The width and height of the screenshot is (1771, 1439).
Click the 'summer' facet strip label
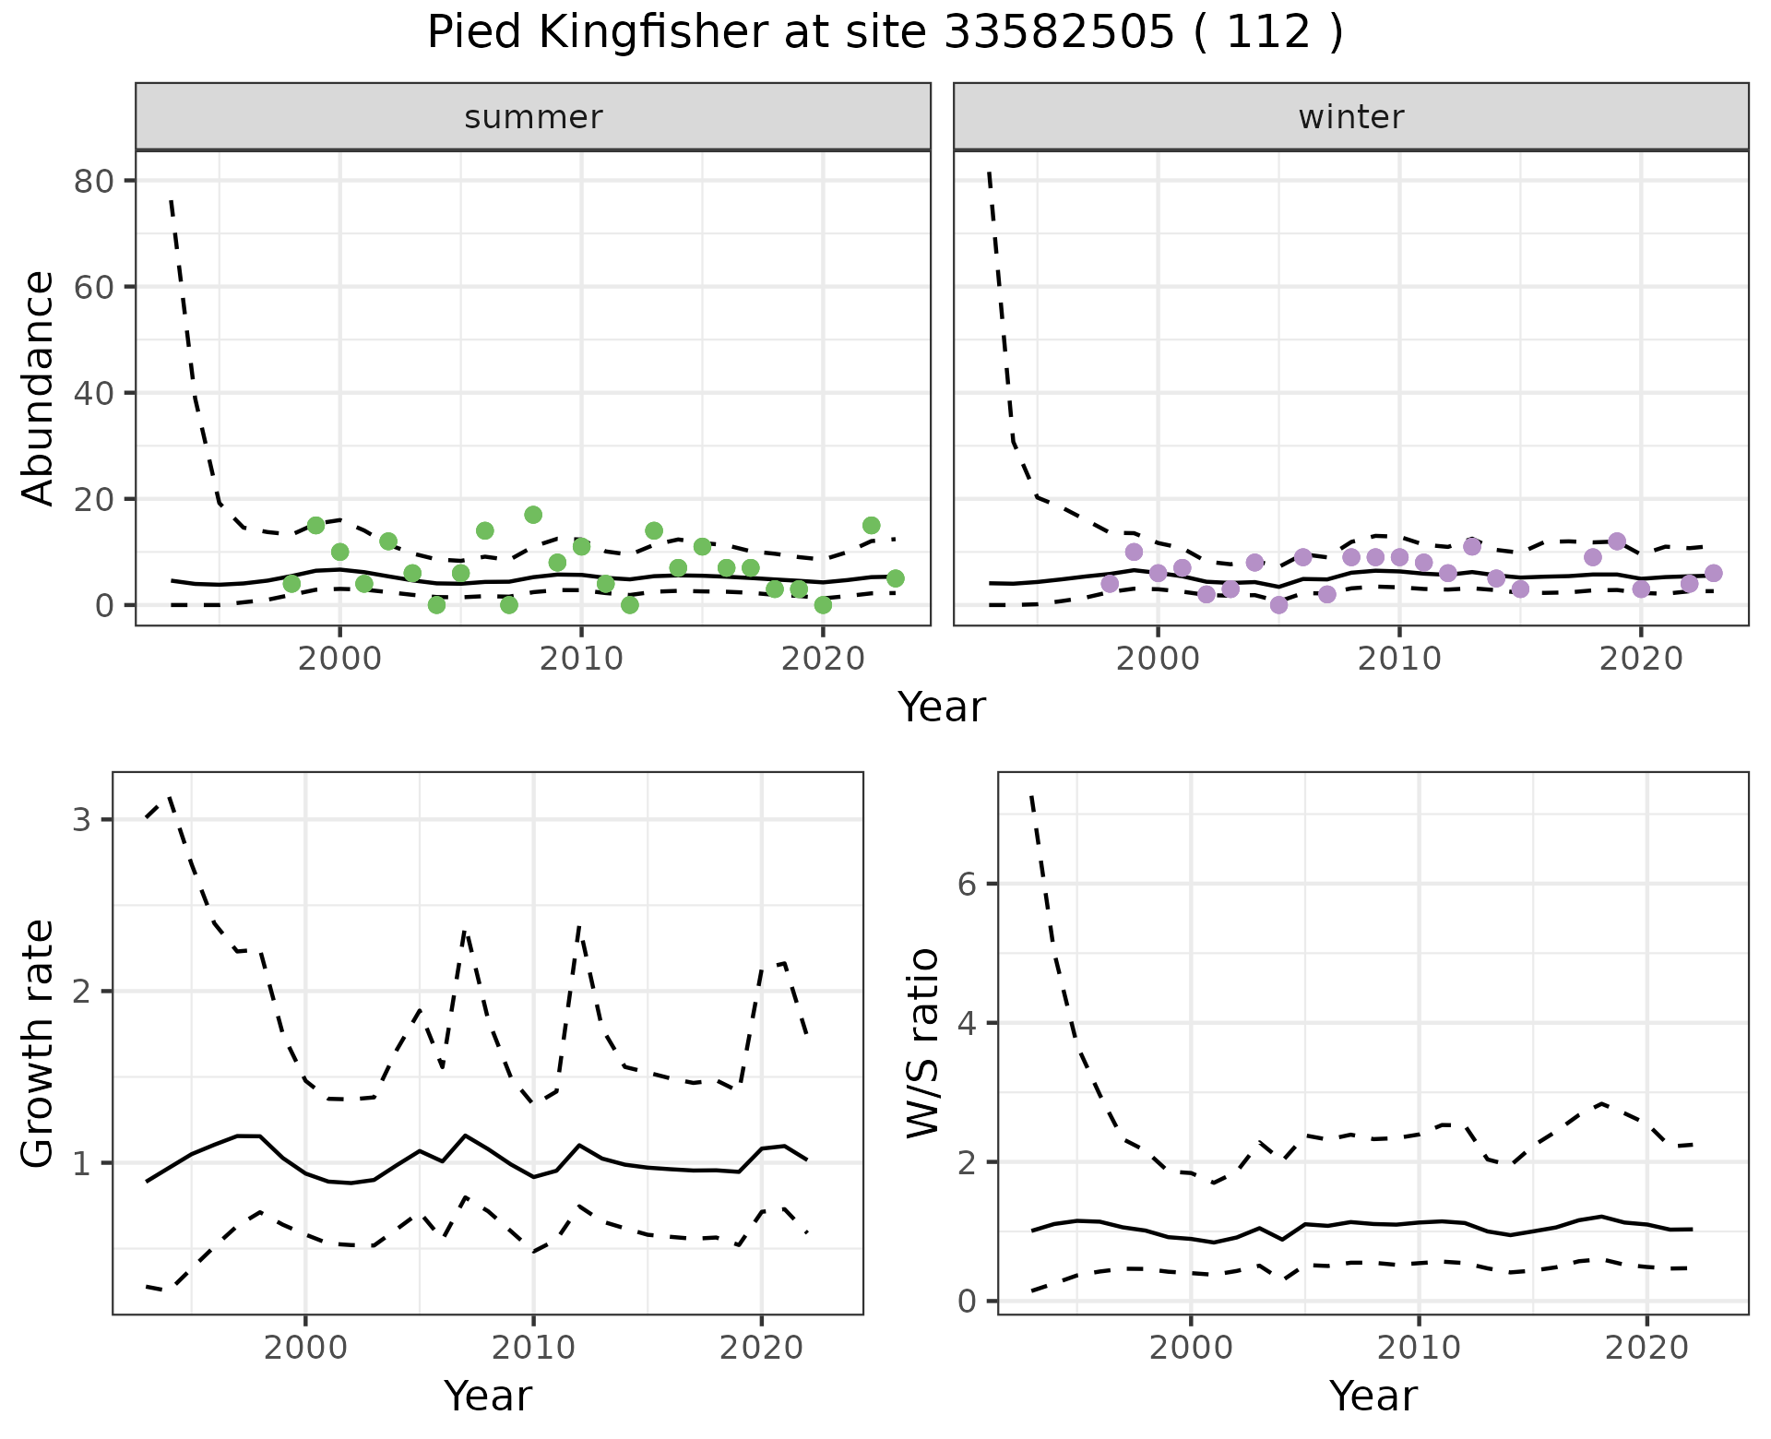coord(533,117)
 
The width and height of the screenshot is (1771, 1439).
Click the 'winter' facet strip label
coord(1350,117)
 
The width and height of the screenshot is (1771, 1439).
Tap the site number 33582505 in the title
coord(1059,33)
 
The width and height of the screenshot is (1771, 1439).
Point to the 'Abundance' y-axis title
coord(38,388)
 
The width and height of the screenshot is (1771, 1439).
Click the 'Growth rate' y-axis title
coord(38,1043)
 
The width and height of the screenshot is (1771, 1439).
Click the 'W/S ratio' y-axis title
coord(923,1043)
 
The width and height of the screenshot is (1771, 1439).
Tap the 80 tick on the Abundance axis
coord(92,181)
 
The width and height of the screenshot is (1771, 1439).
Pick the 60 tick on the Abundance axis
coord(92,287)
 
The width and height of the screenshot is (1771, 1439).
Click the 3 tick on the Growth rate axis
coord(81,820)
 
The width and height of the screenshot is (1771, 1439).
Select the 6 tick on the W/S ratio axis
coord(967,884)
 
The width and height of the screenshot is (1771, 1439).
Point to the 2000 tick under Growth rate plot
coord(305,1349)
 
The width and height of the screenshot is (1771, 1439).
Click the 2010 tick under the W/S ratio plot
coord(1419,1349)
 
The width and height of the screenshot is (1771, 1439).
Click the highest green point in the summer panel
coord(533,515)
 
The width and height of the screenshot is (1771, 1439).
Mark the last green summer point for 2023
coord(895,578)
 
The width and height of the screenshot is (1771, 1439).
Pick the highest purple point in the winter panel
coord(1617,541)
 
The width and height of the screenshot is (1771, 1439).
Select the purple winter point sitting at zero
coord(1278,605)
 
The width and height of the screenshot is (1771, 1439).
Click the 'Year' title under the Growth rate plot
coord(488,1396)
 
